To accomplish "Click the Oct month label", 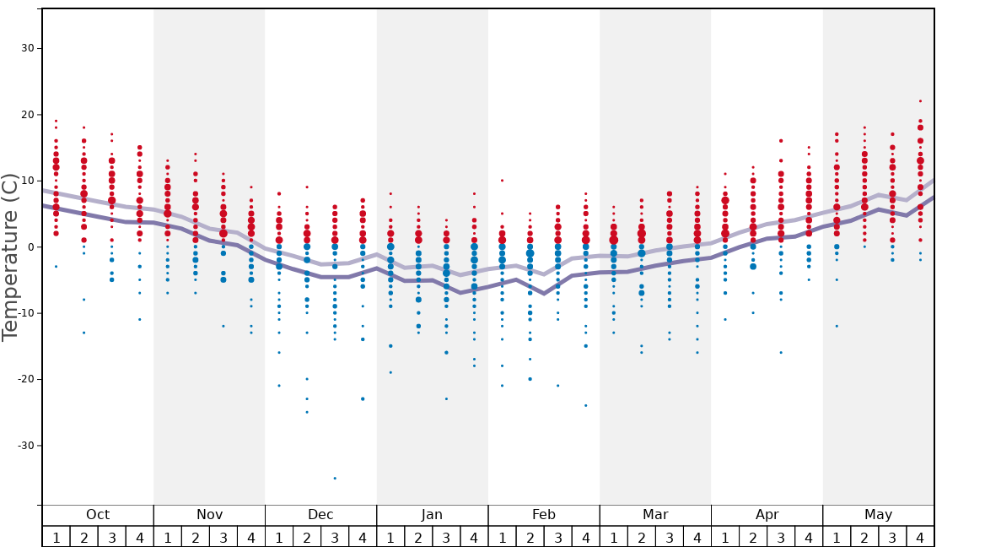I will point(98,515).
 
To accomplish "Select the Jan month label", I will point(432,515).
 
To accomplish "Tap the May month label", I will point(878,515).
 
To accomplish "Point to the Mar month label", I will point(655,515).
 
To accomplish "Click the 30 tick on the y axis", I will point(28,48).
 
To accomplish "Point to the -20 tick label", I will point(25,379).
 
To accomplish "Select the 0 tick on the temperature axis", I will point(30,246).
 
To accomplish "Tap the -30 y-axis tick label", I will point(25,445).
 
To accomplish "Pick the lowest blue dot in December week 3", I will point(335,479).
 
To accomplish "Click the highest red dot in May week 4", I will point(920,101).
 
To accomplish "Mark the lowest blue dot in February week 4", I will point(585,405).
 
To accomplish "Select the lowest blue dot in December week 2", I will point(307,412).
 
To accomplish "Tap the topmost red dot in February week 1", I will point(502,180).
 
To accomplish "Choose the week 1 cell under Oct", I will point(57,537).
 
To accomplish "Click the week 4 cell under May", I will point(920,537).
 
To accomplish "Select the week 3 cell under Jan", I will point(446,537).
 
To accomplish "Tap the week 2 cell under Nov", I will point(196,537).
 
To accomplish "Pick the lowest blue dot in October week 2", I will point(83,333).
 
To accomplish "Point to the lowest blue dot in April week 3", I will point(781,352).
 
